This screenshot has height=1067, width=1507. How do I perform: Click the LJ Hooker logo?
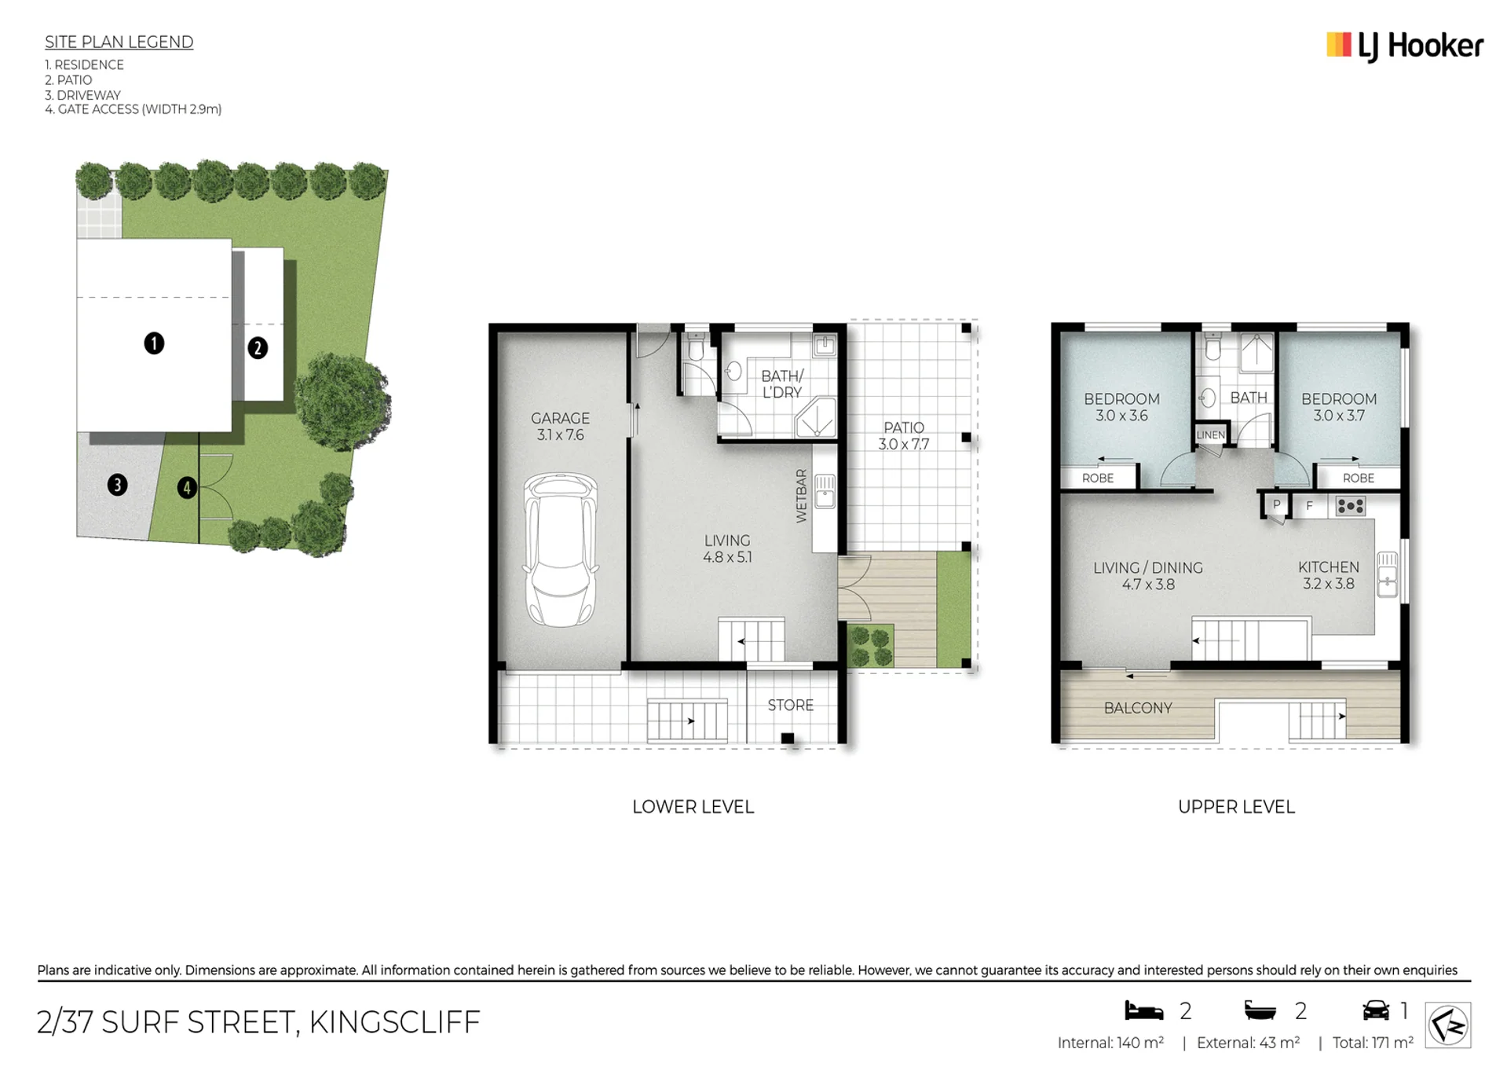[1404, 46]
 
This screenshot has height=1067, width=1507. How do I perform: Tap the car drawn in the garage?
[560, 549]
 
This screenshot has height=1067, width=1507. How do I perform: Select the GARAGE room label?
[560, 419]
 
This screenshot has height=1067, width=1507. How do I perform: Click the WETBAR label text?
[801, 496]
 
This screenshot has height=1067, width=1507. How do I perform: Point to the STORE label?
[790, 706]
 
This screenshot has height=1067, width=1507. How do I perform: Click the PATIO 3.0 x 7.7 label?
[903, 436]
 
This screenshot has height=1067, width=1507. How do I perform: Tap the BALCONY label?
[1138, 708]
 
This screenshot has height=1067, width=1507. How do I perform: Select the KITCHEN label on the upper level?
[1328, 567]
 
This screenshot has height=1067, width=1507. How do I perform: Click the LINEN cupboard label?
[1210, 434]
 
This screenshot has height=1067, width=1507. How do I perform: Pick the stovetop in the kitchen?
[1350, 506]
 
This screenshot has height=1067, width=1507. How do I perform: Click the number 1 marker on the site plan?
[154, 343]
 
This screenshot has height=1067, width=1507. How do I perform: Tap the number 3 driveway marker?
[117, 485]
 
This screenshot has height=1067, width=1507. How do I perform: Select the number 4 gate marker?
[186, 488]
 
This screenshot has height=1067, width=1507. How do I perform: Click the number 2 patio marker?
[258, 348]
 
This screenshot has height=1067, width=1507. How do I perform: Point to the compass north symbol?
[1447, 1025]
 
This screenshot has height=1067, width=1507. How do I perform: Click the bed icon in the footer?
[1143, 1010]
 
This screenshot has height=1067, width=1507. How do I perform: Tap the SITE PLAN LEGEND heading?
[119, 42]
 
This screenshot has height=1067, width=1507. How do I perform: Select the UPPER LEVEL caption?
[1236, 807]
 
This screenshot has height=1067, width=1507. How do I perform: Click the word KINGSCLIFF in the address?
[394, 1022]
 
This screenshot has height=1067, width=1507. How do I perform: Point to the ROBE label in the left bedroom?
[1097, 478]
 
